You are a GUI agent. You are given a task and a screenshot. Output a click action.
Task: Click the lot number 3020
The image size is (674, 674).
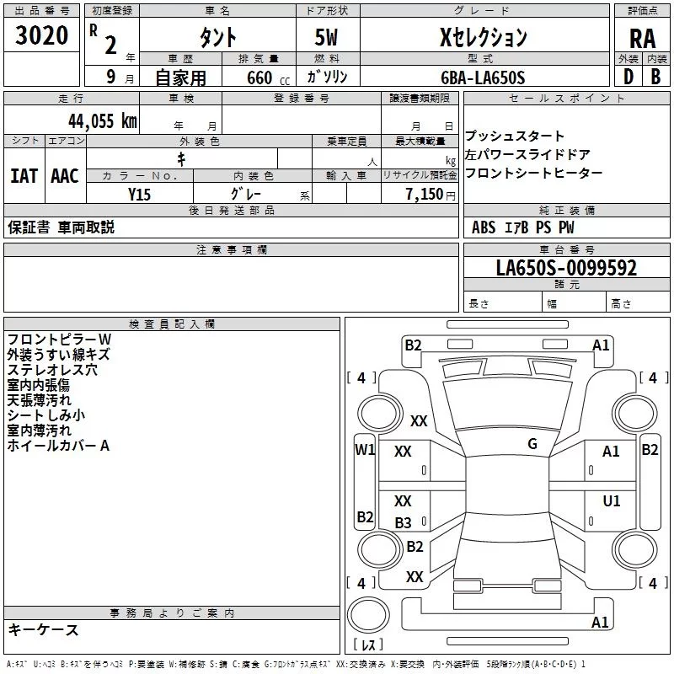point(41,35)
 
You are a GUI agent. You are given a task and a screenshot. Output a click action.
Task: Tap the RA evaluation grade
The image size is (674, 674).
point(643,39)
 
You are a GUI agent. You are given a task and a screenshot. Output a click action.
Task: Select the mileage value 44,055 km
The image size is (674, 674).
point(103,121)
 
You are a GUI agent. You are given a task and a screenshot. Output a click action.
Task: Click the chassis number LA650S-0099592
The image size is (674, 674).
point(566,267)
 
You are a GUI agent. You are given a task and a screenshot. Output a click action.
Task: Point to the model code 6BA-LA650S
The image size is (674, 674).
point(483,78)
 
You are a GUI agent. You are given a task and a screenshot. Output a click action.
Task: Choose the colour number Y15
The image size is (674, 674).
point(139,195)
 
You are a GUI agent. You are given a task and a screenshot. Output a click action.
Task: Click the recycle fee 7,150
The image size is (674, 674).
point(425,194)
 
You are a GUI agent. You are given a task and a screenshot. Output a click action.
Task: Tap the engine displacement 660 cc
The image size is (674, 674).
point(268,78)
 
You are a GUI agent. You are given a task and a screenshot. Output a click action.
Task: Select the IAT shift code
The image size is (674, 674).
point(24,176)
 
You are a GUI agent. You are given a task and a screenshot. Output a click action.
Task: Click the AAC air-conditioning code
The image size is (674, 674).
point(65,176)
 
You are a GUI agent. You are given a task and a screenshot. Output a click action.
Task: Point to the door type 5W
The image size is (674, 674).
point(326,37)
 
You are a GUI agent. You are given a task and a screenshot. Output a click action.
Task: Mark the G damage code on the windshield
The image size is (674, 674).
point(532,443)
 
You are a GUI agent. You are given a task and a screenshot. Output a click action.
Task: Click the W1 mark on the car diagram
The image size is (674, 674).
point(365,450)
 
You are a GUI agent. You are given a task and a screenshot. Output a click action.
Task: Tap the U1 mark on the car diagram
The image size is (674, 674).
point(612,500)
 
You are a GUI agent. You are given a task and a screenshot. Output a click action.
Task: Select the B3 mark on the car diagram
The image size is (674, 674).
point(404,522)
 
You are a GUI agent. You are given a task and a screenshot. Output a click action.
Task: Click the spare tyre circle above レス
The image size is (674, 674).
point(368,615)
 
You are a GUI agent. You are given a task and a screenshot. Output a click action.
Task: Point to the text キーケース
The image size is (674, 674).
point(43,629)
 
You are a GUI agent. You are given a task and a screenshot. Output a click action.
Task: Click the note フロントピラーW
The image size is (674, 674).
point(59,340)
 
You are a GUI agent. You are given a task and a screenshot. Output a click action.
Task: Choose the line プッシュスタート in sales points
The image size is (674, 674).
point(514,136)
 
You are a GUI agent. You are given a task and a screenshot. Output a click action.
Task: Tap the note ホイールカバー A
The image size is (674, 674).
point(58,446)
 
